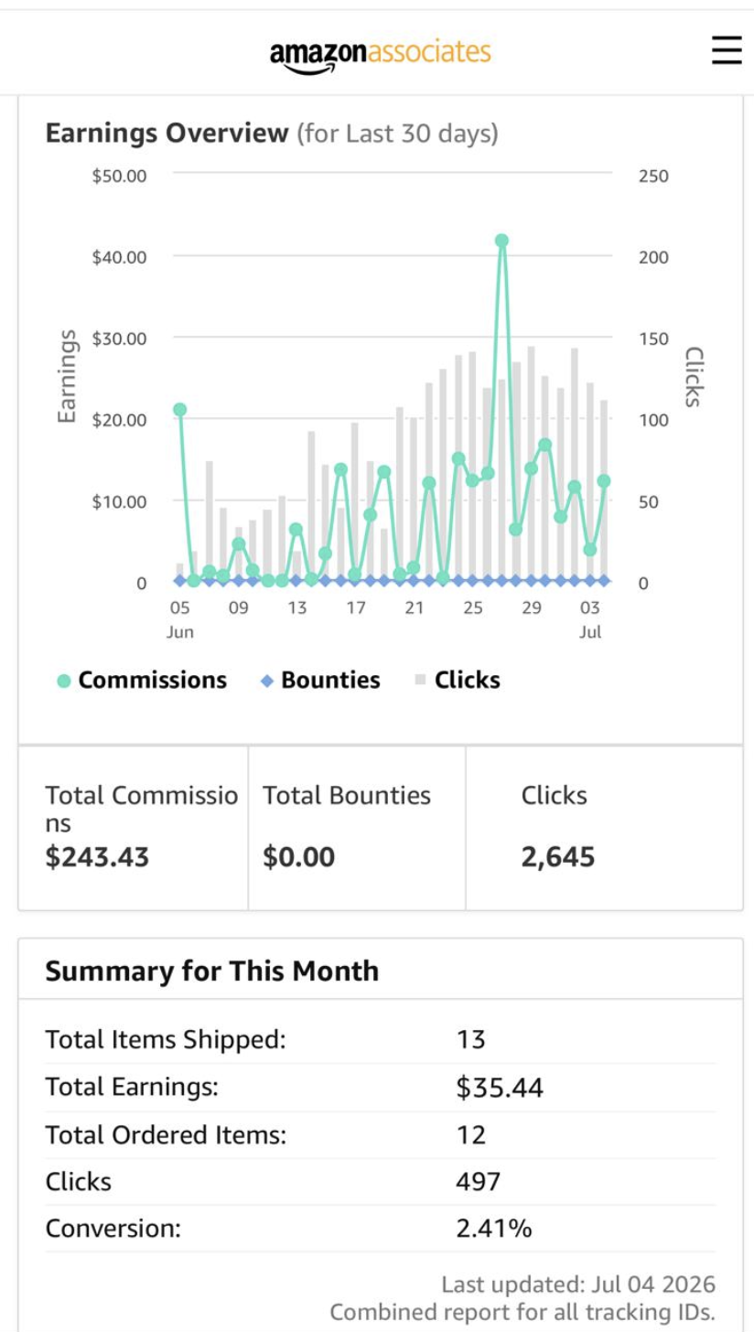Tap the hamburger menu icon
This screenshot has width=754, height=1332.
(x=727, y=50)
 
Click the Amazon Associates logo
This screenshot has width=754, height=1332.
(x=381, y=55)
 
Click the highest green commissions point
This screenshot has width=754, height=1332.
(x=501, y=241)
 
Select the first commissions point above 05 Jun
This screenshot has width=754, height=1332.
(x=179, y=410)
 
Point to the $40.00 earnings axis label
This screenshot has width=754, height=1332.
(x=119, y=257)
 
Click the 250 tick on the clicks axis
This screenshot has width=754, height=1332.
(x=653, y=176)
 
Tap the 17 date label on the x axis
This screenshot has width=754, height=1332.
(x=356, y=607)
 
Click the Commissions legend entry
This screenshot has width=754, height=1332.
(x=142, y=680)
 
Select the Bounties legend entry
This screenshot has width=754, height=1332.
(x=320, y=680)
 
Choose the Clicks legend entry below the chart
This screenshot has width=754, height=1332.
(x=458, y=680)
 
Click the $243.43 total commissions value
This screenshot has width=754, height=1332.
(x=97, y=857)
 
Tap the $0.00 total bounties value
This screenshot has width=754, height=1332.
(x=298, y=857)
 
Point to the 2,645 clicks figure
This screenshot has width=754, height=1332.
(x=558, y=857)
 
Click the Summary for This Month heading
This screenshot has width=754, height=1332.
(x=212, y=971)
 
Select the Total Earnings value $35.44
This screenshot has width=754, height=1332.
(x=500, y=1088)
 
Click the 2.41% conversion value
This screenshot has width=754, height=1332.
(x=493, y=1229)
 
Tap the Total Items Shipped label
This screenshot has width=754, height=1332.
(x=166, y=1040)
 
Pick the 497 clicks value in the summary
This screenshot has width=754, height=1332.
(x=478, y=1182)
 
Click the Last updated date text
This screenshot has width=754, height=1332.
(x=578, y=1284)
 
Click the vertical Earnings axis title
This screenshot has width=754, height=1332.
(x=67, y=376)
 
